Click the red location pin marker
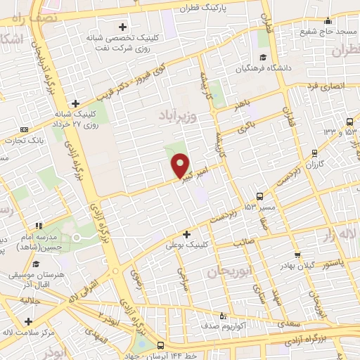[x=181, y=165]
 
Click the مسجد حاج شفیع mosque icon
[x=328, y=22]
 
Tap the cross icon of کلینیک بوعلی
[x=186, y=234]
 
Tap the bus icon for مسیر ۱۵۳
[x=260, y=196]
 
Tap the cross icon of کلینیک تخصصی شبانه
[x=122, y=27]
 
